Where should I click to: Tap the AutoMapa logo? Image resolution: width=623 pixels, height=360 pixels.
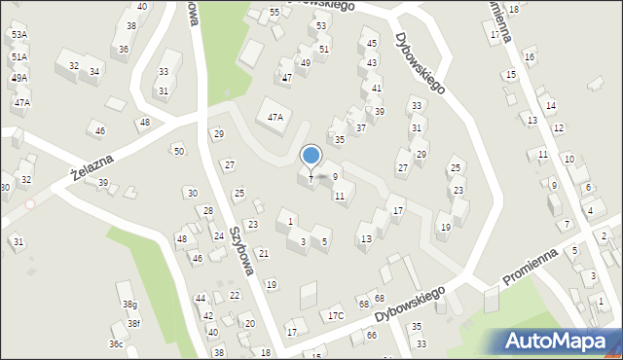click(x=560, y=341)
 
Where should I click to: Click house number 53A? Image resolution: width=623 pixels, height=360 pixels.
click(x=19, y=34)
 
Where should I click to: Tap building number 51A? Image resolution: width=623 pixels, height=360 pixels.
click(x=19, y=56)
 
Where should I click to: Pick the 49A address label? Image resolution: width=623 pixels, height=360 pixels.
click(x=19, y=77)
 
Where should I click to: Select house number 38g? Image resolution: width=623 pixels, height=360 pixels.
click(x=129, y=305)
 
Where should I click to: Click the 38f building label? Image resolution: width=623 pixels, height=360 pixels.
click(x=133, y=324)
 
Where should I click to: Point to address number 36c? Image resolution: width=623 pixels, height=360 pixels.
click(x=116, y=344)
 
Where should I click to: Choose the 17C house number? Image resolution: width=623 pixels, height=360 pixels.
click(x=336, y=315)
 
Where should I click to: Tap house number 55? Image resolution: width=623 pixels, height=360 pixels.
click(x=275, y=12)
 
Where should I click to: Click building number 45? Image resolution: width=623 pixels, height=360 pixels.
click(x=372, y=44)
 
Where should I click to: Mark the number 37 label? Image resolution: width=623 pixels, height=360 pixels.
click(x=360, y=127)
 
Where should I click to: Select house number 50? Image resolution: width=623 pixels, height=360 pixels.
click(x=178, y=151)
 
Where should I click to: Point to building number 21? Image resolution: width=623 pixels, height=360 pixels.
click(x=263, y=254)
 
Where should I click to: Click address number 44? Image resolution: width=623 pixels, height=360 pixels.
click(x=200, y=299)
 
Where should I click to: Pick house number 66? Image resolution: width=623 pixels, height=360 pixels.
click(x=371, y=335)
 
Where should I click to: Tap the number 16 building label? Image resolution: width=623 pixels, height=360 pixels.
click(x=530, y=57)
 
